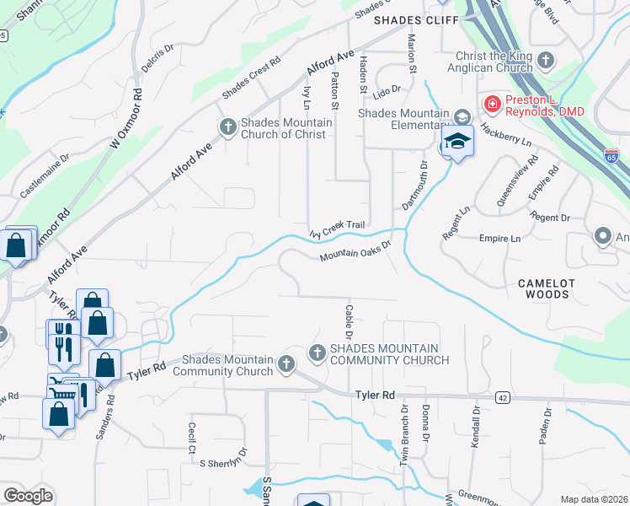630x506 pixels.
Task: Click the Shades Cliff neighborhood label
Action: [x=415, y=19]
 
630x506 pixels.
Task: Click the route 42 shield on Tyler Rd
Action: [x=503, y=397]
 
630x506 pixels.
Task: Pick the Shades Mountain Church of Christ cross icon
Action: [x=227, y=127]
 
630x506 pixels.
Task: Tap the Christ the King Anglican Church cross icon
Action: [x=547, y=60]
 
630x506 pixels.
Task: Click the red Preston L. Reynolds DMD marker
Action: [x=491, y=105]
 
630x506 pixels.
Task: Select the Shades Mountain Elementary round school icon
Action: [x=462, y=116]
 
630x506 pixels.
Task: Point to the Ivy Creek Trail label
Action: [x=336, y=228]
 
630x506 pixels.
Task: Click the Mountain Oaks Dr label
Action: [x=356, y=251]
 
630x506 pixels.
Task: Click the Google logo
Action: [x=28, y=496]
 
